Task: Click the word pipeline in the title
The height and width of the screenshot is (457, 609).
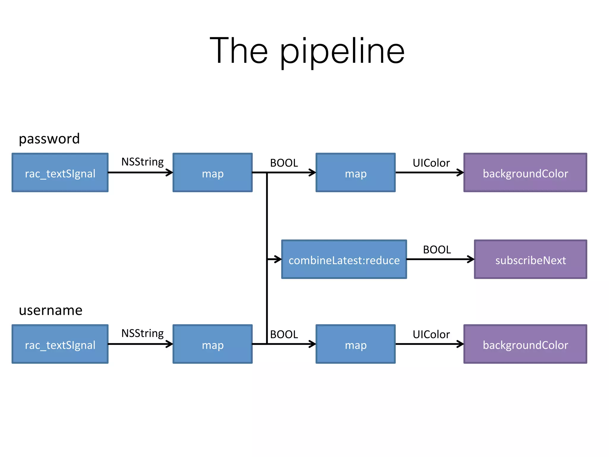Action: (342, 52)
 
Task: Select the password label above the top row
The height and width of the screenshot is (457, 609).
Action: (49, 139)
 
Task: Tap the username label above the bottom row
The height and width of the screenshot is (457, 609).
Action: (51, 310)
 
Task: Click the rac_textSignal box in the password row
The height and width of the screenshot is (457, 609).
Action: (60, 173)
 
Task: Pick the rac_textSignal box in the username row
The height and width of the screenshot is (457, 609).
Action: (60, 344)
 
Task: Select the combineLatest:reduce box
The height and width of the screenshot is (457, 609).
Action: (344, 259)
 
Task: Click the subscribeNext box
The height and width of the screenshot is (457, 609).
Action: (530, 259)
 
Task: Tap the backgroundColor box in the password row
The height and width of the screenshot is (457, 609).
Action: (525, 173)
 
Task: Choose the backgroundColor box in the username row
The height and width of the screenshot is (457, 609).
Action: (525, 344)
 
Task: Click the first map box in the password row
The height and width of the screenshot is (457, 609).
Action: (213, 173)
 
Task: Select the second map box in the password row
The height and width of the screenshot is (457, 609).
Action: (356, 173)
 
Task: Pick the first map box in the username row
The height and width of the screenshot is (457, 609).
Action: (213, 344)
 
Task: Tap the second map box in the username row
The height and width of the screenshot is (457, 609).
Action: (356, 344)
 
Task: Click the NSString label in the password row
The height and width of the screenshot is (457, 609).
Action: (142, 162)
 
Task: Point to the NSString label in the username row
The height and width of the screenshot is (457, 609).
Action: (142, 334)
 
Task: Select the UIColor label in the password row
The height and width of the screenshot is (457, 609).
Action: (431, 163)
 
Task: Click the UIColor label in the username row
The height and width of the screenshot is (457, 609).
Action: (431, 334)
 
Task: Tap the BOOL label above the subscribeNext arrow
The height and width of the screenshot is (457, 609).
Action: (437, 250)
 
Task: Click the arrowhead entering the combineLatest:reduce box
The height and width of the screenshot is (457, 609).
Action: (278, 259)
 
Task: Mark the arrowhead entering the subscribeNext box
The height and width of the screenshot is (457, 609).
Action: (471, 259)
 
